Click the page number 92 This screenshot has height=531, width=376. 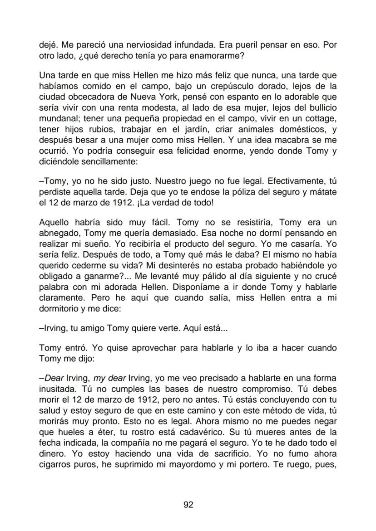coord(188,505)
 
